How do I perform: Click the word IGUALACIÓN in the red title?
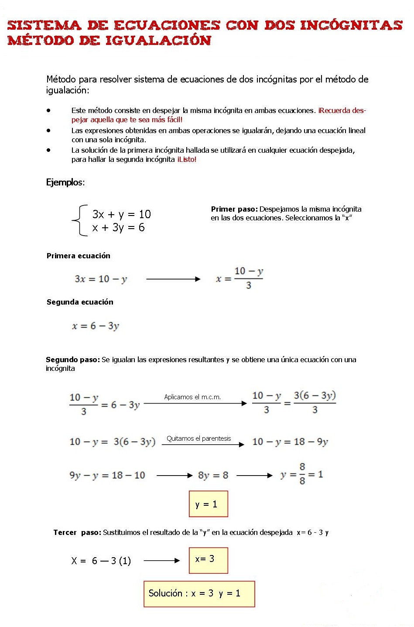click(x=158, y=41)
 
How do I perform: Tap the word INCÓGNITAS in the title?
click(x=351, y=25)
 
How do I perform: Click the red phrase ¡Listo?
click(x=187, y=160)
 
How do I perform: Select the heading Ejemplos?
click(x=65, y=182)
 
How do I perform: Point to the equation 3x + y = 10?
click(x=121, y=214)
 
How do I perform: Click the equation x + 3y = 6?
click(x=118, y=227)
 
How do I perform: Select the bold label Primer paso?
click(x=234, y=209)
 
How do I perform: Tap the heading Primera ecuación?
click(x=79, y=256)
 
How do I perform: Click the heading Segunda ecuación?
click(x=80, y=302)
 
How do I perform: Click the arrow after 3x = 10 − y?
click(x=173, y=279)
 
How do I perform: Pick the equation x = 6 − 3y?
click(x=96, y=326)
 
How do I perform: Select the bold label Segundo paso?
click(x=72, y=360)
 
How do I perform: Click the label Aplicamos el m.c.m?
click(x=192, y=397)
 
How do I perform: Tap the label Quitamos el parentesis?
click(x=199, y=439)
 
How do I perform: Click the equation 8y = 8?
click(x=213, y=475)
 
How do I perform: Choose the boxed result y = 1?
click(x=208, y=504)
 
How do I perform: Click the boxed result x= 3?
click(x=208, y=560)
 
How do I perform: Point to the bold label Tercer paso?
click(x=77, y=532)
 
